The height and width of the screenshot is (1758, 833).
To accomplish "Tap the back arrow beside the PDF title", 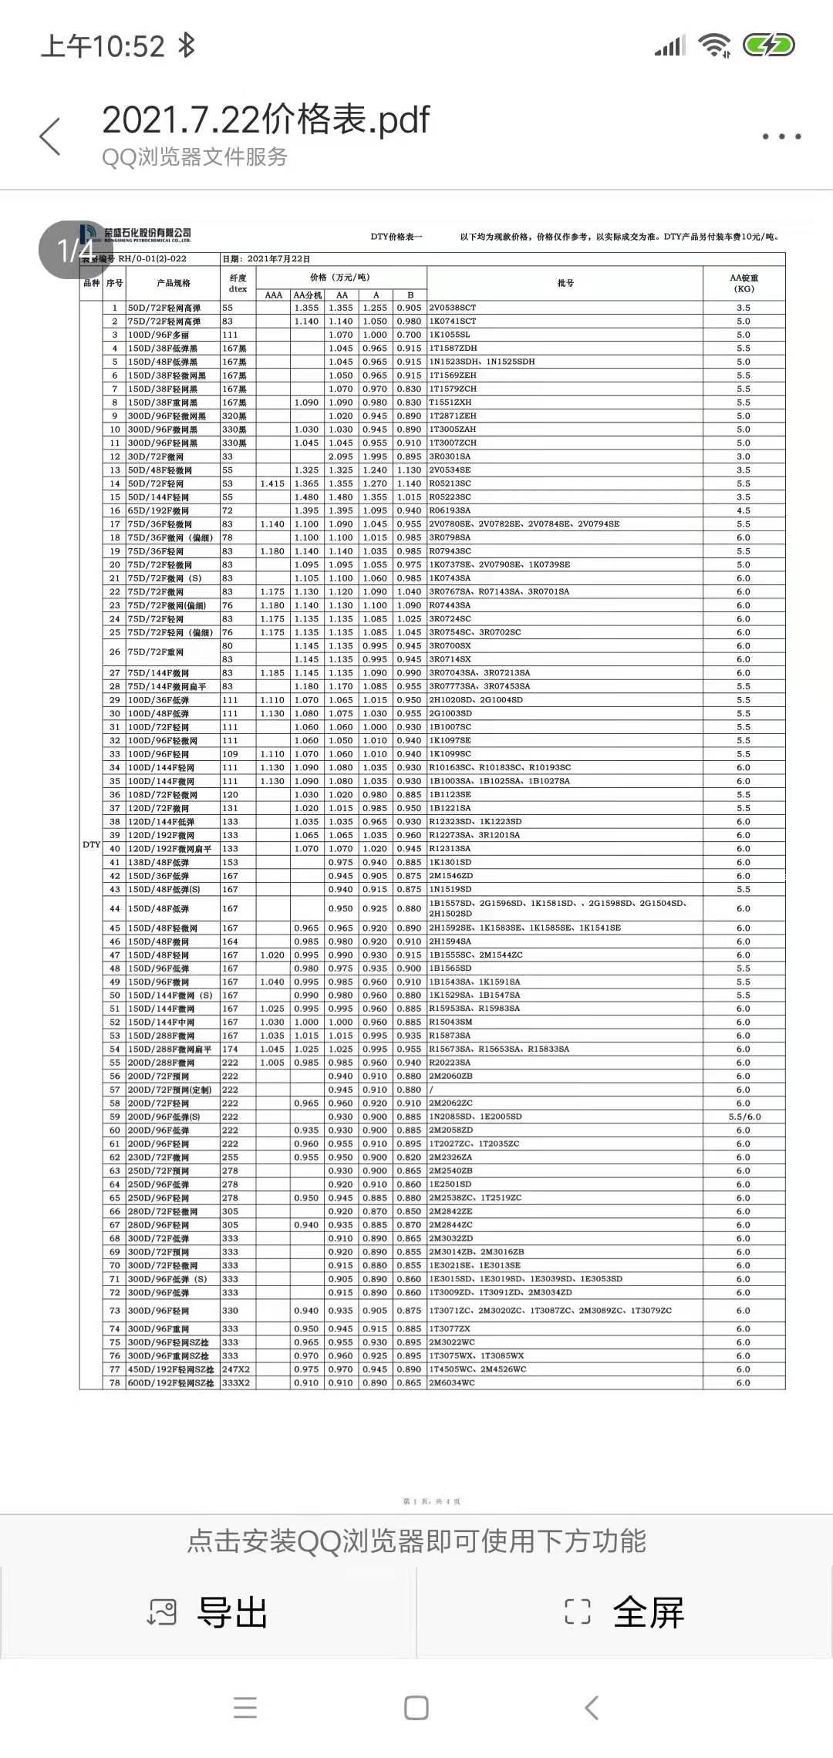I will click(50, 137).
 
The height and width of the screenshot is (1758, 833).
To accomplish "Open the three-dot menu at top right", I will click(781, 136).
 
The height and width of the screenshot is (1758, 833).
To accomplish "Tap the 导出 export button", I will click(208, 1612).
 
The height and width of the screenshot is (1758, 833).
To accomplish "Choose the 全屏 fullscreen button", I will click(625, 1612).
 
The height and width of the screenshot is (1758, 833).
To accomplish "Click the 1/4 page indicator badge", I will click(76, 250).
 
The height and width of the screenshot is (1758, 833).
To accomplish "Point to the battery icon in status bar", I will click(768, 45).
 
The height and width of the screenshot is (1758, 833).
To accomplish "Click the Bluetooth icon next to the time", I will click(186, 45).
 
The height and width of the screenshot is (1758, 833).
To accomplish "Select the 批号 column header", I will click(565, 283).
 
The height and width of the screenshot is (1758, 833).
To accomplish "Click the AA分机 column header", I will click(308, 295).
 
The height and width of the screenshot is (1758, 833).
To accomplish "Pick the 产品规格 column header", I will click(174, 283).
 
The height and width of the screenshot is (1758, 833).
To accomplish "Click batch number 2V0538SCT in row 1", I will click(453, 308).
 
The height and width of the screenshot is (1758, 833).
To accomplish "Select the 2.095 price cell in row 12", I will click(341, 456).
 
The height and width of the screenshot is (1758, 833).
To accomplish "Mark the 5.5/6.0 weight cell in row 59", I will click(744, 1116).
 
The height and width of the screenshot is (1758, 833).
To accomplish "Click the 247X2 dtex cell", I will click(235, 1369).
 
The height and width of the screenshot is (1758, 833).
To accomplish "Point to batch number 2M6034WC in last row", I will click(452, 1382).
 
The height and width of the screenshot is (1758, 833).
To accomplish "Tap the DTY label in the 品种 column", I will click(91, 845).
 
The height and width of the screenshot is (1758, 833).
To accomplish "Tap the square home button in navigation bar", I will click(416, 1707).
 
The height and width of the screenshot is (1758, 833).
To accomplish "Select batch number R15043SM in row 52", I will click(451, 1022).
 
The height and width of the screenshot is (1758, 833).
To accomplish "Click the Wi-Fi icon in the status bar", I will click(714, 45).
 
